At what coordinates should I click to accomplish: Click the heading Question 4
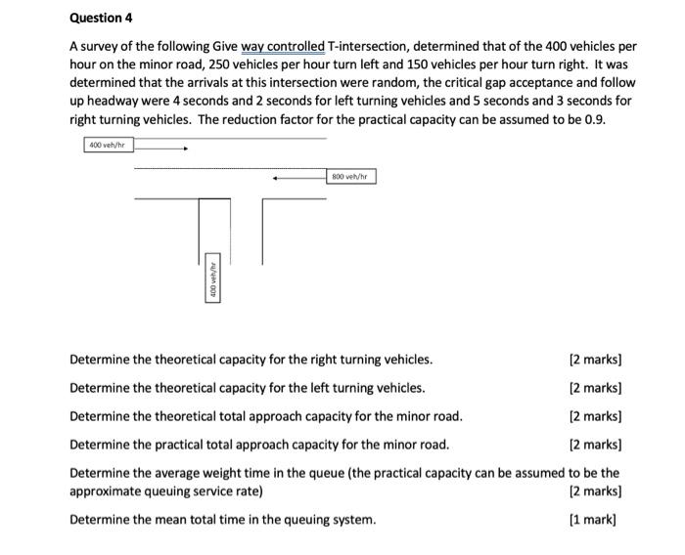101,19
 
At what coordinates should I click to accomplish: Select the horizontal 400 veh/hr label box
109,146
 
